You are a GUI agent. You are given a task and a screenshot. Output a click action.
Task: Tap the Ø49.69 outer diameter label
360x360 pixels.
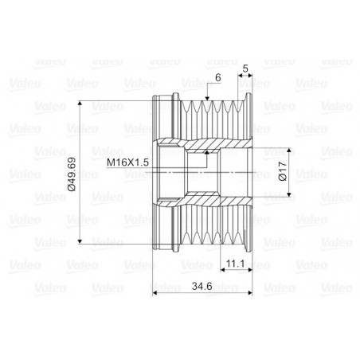click(72, 170)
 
